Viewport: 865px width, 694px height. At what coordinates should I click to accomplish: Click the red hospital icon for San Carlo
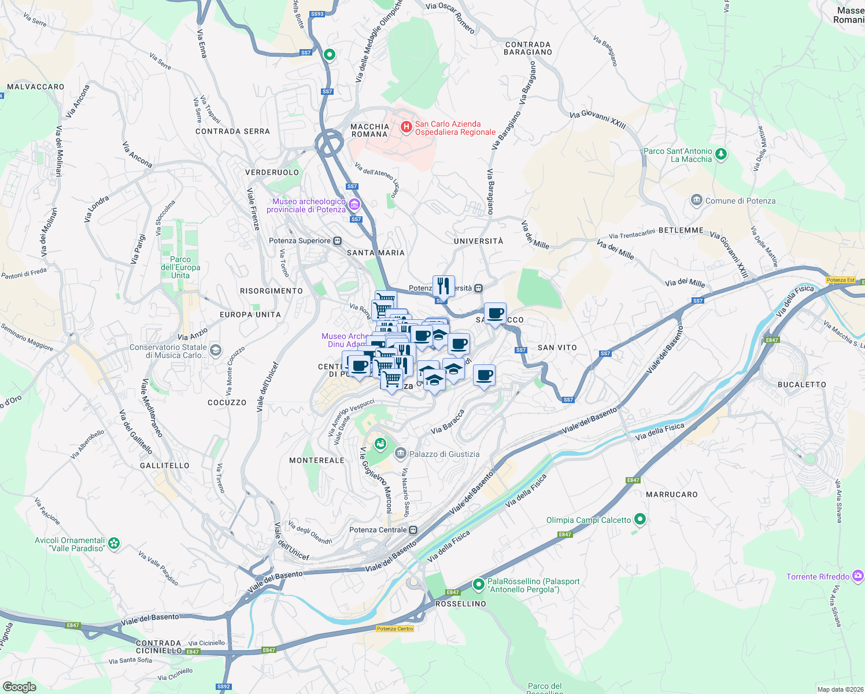coord(406,126)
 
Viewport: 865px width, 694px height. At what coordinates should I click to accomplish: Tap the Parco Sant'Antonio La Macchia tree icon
coord(720,154)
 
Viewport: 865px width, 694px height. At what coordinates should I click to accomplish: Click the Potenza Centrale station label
coord(378,530)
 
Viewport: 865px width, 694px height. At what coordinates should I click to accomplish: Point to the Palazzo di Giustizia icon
coord(400,453)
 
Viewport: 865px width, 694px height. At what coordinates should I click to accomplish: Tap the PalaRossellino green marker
coord(478,585)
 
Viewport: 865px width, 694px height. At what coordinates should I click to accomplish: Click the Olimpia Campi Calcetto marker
coord(639,519)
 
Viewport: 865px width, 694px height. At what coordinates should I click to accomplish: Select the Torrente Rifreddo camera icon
coord(858,575)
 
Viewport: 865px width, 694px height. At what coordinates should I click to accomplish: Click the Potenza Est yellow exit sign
coord(840,280)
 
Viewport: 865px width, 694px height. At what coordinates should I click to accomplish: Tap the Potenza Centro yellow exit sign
coord(395,629)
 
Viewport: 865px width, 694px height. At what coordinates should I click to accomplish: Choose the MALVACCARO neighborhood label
coord(36,87)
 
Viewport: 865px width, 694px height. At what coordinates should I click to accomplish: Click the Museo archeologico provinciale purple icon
coord(354,205)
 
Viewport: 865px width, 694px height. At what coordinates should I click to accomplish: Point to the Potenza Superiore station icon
coord(338,241)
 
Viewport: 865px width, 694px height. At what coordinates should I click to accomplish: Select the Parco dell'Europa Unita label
coord(180,267)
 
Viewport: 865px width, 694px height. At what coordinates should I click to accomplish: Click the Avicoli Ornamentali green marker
coord(114,543)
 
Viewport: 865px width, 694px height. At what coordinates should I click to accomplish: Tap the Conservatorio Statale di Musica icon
coord(216,350)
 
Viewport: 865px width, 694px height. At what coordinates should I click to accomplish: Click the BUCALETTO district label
coord(802,384)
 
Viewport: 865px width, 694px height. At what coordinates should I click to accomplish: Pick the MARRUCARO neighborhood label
coord(672,494)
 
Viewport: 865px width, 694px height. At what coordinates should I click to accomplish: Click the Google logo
coord(20,687)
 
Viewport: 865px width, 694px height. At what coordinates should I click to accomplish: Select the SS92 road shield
coord(223,686)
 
